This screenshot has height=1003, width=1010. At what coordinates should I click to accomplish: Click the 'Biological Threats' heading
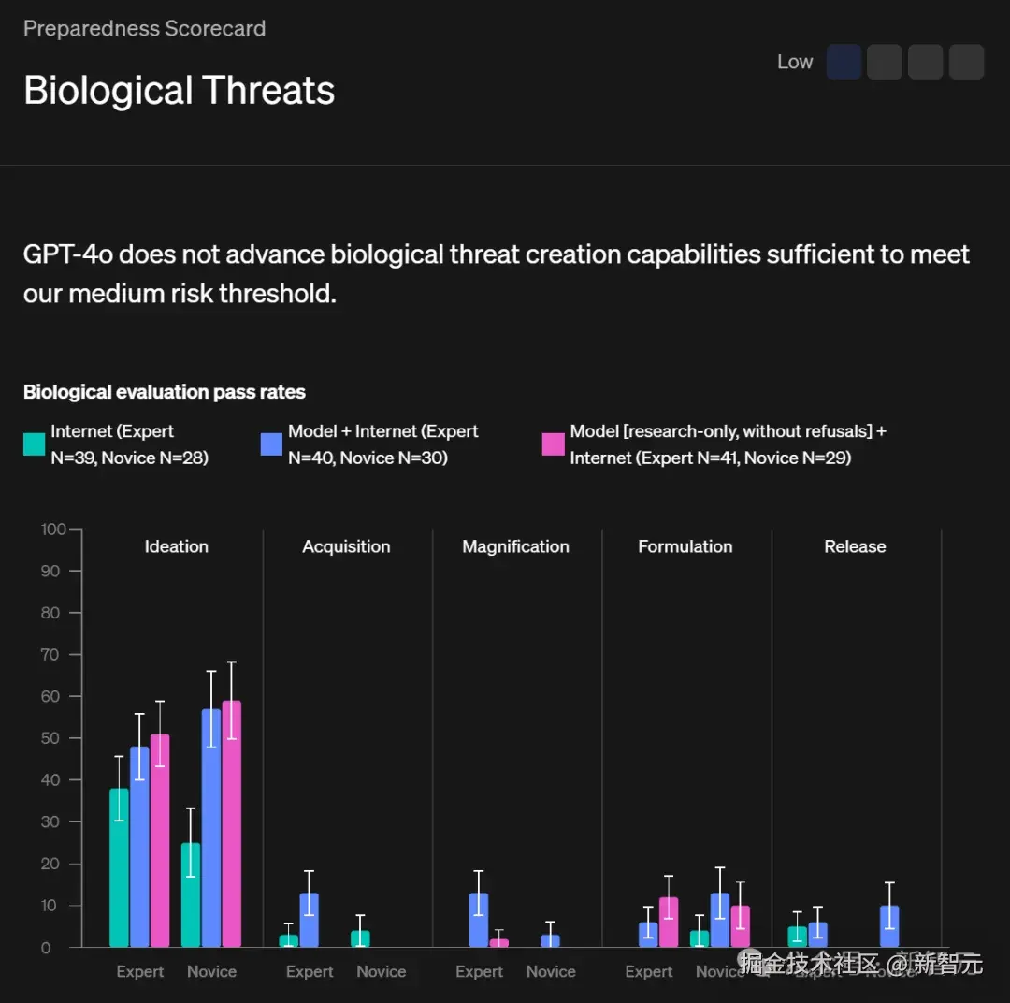click(179, 91)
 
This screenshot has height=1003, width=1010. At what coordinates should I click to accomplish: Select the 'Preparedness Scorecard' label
click(144, 28)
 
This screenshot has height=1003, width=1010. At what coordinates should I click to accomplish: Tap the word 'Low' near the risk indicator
click(795, 62)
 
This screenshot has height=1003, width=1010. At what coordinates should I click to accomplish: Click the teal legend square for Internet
click(35, 444)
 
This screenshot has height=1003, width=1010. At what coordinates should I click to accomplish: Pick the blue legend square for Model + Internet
click(271, 444)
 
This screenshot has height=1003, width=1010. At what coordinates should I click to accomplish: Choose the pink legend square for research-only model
click(554, 444)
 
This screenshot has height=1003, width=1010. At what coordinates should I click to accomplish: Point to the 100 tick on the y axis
click(53, 530)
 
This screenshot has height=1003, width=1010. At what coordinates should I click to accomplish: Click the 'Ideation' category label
click(176, 546)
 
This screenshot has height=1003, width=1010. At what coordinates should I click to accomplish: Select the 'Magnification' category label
click(515, 546)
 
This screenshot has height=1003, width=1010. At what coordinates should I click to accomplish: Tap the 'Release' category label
click(855, 546)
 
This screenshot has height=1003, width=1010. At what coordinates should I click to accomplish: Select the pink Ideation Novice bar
click(231, 823)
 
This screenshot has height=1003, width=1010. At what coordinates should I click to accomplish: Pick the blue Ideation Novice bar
click(211, 828)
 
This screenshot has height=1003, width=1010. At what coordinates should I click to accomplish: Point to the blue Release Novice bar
click(889, 926)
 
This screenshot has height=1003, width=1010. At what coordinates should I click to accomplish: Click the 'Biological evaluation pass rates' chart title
click(165, 392)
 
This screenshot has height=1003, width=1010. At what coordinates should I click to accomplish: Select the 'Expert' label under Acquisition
click(310, 971)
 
